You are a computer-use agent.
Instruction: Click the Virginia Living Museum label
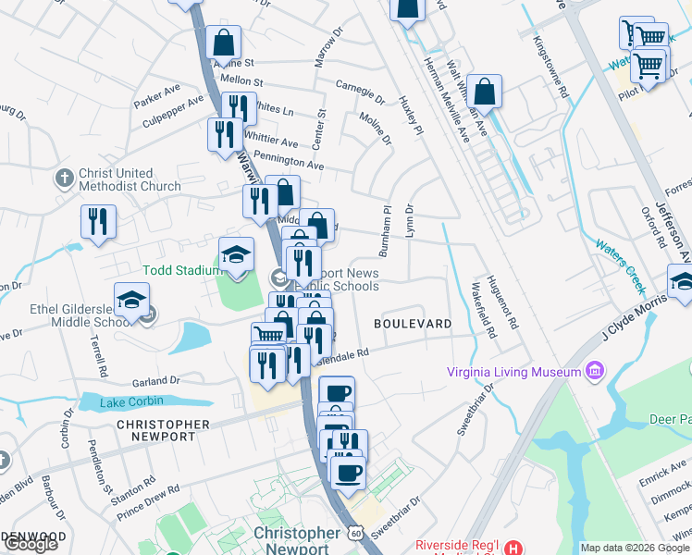point(513,372)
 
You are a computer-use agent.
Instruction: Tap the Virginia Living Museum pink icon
point(594,372)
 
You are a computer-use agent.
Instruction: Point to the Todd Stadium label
point(181,270)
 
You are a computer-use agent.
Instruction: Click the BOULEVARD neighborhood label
point(413,324)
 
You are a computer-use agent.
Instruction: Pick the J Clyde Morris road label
point(635,321)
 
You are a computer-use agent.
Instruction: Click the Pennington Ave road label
point(288,161)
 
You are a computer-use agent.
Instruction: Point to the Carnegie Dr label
point(360,91)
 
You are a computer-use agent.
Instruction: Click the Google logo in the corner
point(31,544)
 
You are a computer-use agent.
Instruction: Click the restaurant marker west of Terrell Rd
point(97,222)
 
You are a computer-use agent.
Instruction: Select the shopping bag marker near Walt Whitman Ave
point(484,92)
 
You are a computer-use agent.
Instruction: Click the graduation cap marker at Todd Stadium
point(236,256)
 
